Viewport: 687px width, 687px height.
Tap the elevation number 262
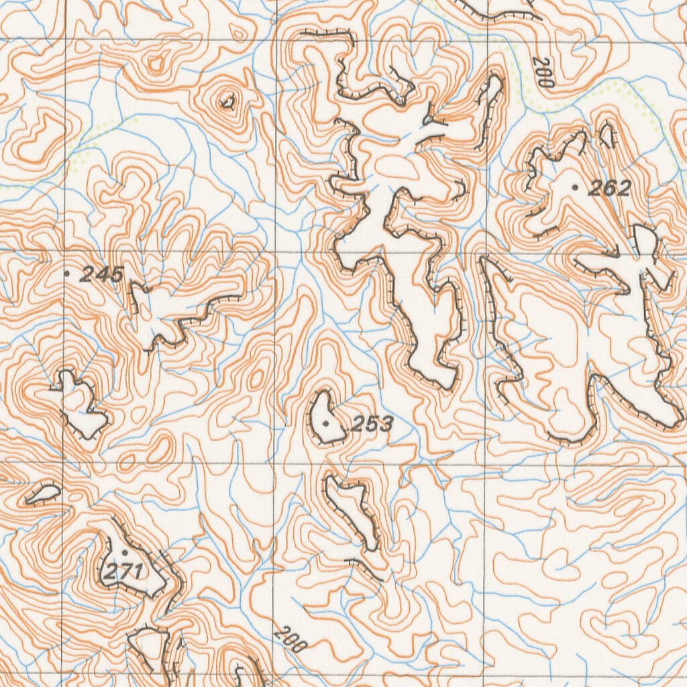[x=609, y=189]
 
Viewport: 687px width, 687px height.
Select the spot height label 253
[x=372, y=424]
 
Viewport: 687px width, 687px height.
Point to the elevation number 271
[x=123, y=572]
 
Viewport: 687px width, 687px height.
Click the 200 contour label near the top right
[x=543, y=72]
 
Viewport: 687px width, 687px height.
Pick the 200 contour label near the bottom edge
[x=290, y=639]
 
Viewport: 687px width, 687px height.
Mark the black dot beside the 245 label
[x=66, y=273]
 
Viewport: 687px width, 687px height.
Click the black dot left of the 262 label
[x=575, y=188]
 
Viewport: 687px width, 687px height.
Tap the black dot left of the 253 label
[x=326, y=423]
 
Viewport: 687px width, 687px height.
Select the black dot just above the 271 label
[x=124, y=552]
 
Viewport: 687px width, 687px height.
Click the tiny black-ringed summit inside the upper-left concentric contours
[x=227, y=102]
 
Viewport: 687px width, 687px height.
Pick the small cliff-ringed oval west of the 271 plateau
[x=43, y=494]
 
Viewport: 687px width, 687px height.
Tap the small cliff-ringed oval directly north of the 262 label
[x=606, y=135]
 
